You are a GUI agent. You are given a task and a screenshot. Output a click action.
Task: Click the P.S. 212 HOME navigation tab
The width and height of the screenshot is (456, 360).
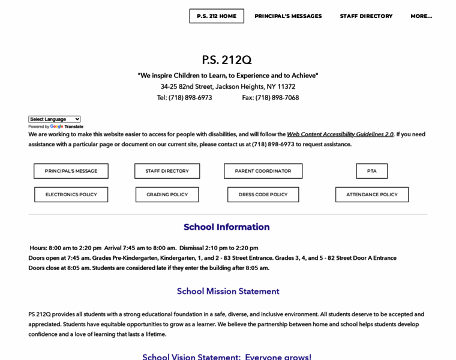point(217,16)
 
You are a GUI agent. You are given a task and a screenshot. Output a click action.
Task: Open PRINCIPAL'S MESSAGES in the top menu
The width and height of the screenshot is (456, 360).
point(288,16)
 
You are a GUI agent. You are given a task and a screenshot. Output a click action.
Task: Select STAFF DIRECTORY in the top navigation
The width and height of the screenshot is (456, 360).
point(366,16)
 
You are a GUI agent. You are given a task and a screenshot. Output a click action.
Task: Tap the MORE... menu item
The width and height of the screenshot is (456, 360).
point(421,16)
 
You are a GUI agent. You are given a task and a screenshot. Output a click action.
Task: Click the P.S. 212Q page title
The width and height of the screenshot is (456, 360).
point(227,60)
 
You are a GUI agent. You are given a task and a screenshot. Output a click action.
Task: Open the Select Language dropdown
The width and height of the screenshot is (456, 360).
point(55,119)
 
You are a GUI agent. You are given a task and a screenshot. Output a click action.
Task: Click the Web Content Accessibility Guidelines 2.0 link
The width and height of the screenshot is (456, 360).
point(340,134)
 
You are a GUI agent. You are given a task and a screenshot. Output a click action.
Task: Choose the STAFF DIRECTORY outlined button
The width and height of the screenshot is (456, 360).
point(167,171)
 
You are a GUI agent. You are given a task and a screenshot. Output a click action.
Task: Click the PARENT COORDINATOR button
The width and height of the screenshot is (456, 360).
point(263,171)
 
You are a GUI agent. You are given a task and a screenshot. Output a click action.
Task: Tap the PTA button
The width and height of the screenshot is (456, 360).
point(372,171)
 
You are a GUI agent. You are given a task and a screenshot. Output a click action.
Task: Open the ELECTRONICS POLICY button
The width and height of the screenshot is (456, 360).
point(71,194)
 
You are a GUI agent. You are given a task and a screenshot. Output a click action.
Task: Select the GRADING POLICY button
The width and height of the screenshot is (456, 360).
point(167,194)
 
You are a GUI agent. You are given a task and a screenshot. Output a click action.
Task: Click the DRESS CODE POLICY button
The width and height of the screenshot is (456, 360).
point(263,194)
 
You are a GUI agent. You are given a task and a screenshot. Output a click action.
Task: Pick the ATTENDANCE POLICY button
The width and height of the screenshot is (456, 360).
point(372,194)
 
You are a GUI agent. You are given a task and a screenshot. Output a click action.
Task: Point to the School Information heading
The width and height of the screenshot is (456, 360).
point(227,227)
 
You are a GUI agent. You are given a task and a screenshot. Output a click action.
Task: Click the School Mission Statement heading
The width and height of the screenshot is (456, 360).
point(228,291)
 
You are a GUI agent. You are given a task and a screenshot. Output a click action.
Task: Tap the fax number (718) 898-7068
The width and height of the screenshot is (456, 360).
point(277,98)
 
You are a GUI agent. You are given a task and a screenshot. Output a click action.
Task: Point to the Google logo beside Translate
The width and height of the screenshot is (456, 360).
point(56,127)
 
